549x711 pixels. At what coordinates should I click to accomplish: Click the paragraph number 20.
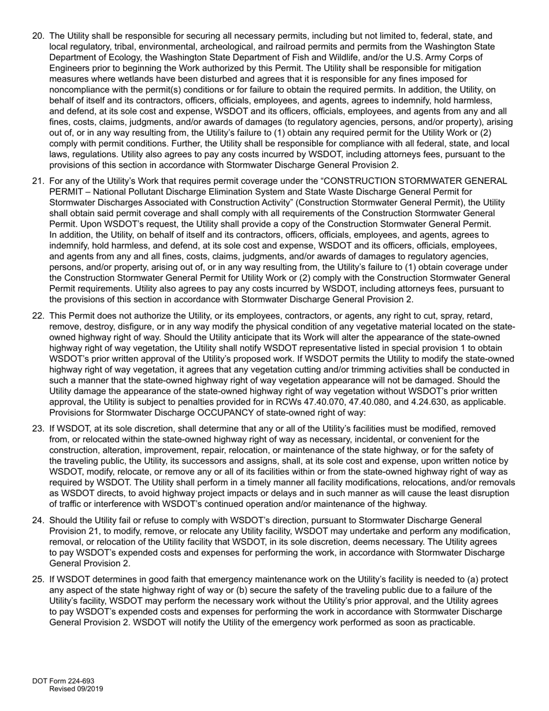pyautogui.click(x=38, y=36)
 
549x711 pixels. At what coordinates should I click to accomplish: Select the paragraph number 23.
pyautogui.click(x=38, y=428)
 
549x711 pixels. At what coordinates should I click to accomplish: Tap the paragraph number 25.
pyautogui.click(x=38, y=580)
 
